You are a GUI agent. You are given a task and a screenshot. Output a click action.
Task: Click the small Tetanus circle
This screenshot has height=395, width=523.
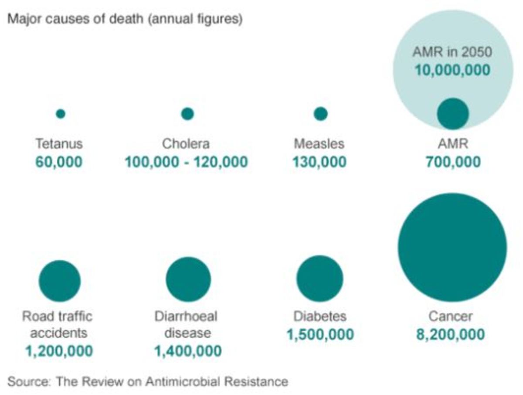point(61,114)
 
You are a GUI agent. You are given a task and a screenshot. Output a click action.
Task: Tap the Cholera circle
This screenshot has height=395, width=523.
point(187,114)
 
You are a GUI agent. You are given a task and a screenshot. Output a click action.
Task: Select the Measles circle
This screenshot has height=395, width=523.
point(320,114)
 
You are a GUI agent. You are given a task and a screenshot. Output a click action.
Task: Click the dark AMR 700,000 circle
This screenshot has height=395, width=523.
point(453,114)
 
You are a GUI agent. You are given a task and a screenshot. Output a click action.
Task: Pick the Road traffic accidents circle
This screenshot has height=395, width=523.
point(60,281)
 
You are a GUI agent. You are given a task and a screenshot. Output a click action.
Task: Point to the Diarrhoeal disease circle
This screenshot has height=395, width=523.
point(188,279)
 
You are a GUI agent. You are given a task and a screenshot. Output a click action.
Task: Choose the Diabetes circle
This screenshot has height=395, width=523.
point(320,279)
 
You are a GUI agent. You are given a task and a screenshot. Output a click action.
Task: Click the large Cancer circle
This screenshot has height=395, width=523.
point(452,247)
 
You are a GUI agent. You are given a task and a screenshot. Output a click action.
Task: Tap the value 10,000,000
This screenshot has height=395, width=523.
point(452,70)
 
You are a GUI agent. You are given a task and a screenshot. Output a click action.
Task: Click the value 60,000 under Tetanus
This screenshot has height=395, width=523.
point(58,162)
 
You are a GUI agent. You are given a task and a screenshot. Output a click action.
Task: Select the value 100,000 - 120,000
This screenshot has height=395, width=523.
point(187,162)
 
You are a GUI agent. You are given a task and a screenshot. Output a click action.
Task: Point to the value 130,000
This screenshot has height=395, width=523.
point(319,162)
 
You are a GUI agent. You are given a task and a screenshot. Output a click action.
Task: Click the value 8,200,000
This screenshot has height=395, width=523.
point(450,334)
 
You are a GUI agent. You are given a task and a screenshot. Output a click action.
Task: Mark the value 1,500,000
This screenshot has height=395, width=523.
point(320,334)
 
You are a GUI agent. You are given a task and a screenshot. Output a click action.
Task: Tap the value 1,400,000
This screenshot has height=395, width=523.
point(188,351)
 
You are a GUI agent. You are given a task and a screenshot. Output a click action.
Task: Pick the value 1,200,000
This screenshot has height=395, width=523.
point(59,351)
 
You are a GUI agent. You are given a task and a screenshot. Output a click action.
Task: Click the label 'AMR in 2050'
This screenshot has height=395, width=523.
point(452,52)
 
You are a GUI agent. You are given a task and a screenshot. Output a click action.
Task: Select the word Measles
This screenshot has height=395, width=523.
point(319,143)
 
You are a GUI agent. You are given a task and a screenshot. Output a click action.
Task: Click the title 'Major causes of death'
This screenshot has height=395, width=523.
point(76,20)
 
